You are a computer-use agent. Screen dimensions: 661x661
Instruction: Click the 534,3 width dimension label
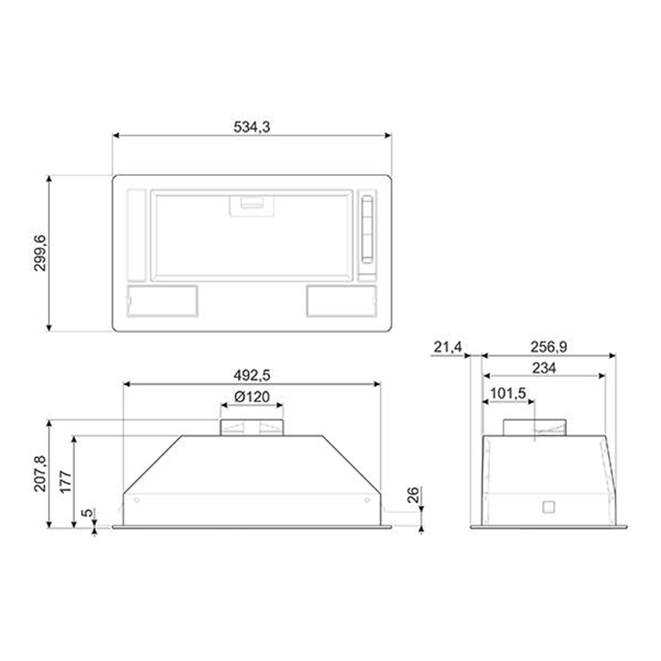pyautogui.click(x=252, y=126)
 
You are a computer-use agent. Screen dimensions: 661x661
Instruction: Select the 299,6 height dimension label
pyautogui.click(x=40, y=253)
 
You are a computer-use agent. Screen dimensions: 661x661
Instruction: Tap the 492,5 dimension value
pyautogui.click(x=252, y=375)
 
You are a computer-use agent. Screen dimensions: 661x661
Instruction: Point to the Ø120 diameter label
pyautogui.click(x=252, y=397)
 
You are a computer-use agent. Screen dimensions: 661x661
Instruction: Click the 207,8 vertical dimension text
pyautogui.click(x=40, y=473)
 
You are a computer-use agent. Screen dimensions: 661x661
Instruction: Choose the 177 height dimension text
pyautogui.click(x=66, y=483)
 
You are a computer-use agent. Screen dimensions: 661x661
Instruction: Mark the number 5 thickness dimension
pyautogui.click(x=87, y=513)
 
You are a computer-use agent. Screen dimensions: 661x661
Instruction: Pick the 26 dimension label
pyautogui.click(x=414, y=495)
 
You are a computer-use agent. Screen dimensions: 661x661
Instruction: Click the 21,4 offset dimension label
pyautogui.click(x=448, y=347)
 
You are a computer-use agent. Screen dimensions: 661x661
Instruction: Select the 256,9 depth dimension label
pyautogui.click(x=549, y=347)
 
